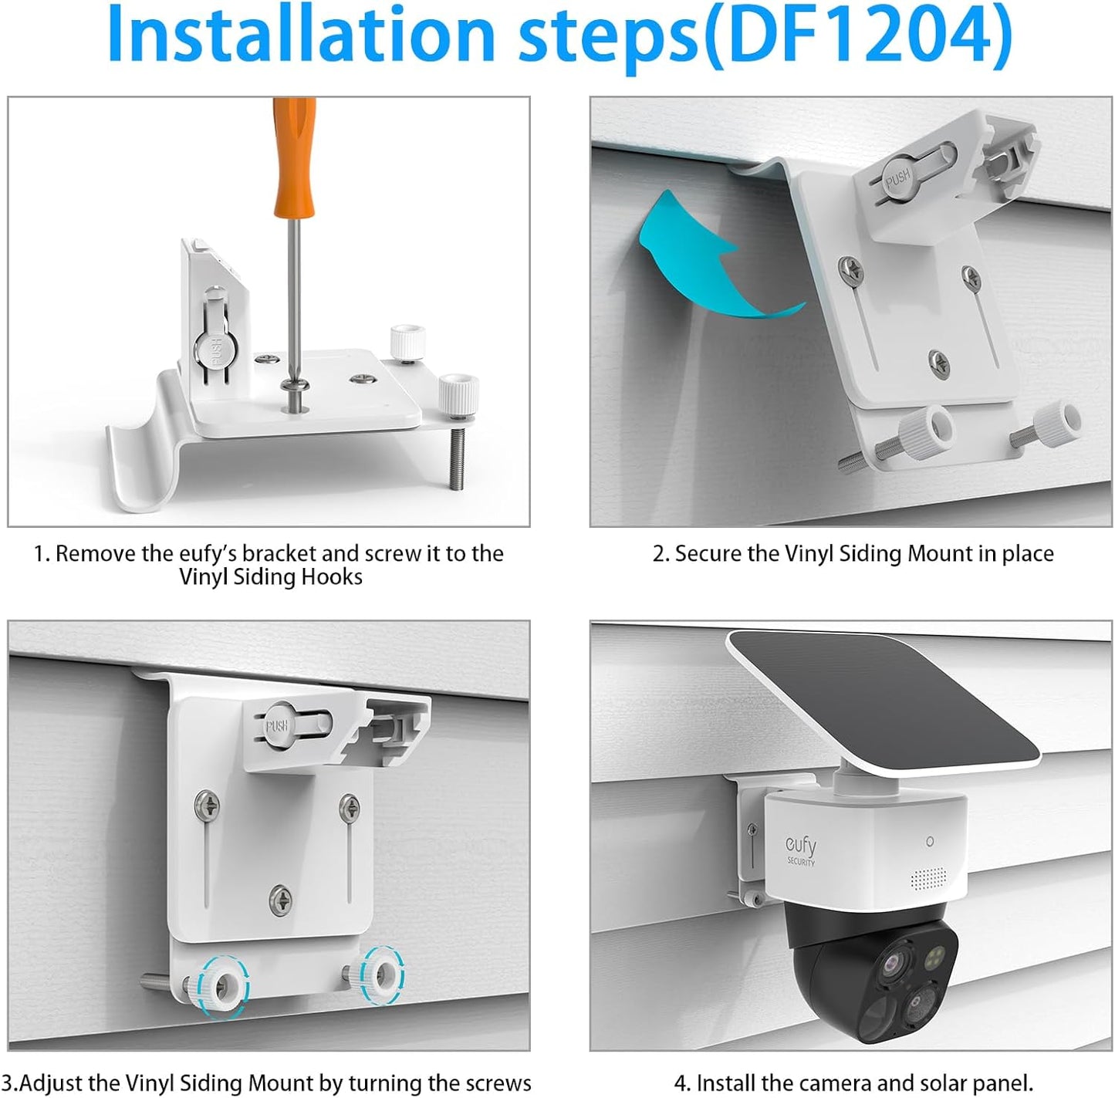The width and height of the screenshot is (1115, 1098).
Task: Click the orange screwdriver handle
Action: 293,159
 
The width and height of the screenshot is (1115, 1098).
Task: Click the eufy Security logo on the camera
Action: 800,850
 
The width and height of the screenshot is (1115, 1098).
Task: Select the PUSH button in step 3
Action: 276,726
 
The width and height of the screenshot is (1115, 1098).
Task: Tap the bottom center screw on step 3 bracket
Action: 280,898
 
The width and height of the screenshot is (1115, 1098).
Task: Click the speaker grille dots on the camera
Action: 928,877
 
